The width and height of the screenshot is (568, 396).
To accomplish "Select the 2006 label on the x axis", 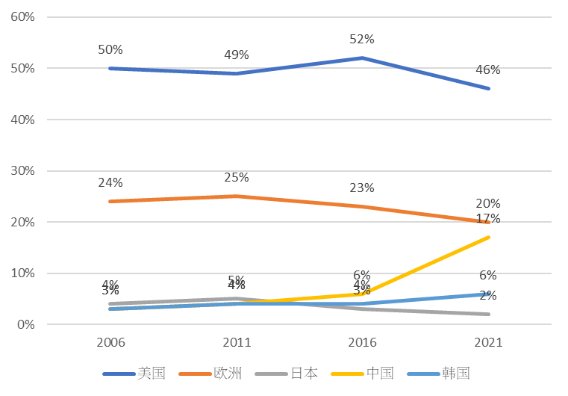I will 110,343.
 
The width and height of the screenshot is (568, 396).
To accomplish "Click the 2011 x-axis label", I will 237,343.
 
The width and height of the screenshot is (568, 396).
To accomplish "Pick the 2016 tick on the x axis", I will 363,343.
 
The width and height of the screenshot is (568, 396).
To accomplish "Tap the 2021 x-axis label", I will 489,343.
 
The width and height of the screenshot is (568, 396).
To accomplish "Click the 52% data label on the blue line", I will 362,39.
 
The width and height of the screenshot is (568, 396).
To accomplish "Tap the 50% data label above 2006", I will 110,49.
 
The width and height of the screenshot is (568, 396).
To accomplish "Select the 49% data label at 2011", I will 237,55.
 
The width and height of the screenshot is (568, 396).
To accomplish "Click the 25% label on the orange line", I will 237,178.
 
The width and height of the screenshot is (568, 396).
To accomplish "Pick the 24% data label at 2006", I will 110,182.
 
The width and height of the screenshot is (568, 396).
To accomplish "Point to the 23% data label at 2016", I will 362,188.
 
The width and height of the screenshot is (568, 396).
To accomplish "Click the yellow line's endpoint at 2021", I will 489,237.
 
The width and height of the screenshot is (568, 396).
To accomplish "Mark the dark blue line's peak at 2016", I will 363,58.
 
